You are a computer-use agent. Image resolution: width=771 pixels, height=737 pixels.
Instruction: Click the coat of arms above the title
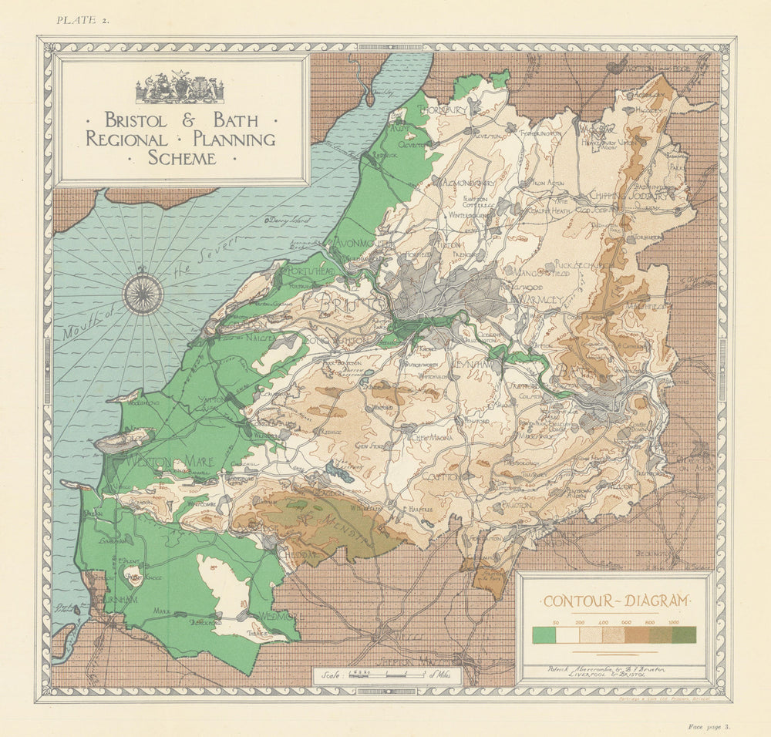coord(180,89)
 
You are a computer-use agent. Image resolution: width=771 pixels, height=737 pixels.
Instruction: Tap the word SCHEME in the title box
coord(183,158)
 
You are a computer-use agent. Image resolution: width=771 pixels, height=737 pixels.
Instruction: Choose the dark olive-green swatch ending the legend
coord(684,634)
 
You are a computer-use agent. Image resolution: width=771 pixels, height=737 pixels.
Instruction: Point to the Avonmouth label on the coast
coord(360,244)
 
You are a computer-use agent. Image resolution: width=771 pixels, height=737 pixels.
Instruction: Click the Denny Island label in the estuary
coord(284,220)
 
